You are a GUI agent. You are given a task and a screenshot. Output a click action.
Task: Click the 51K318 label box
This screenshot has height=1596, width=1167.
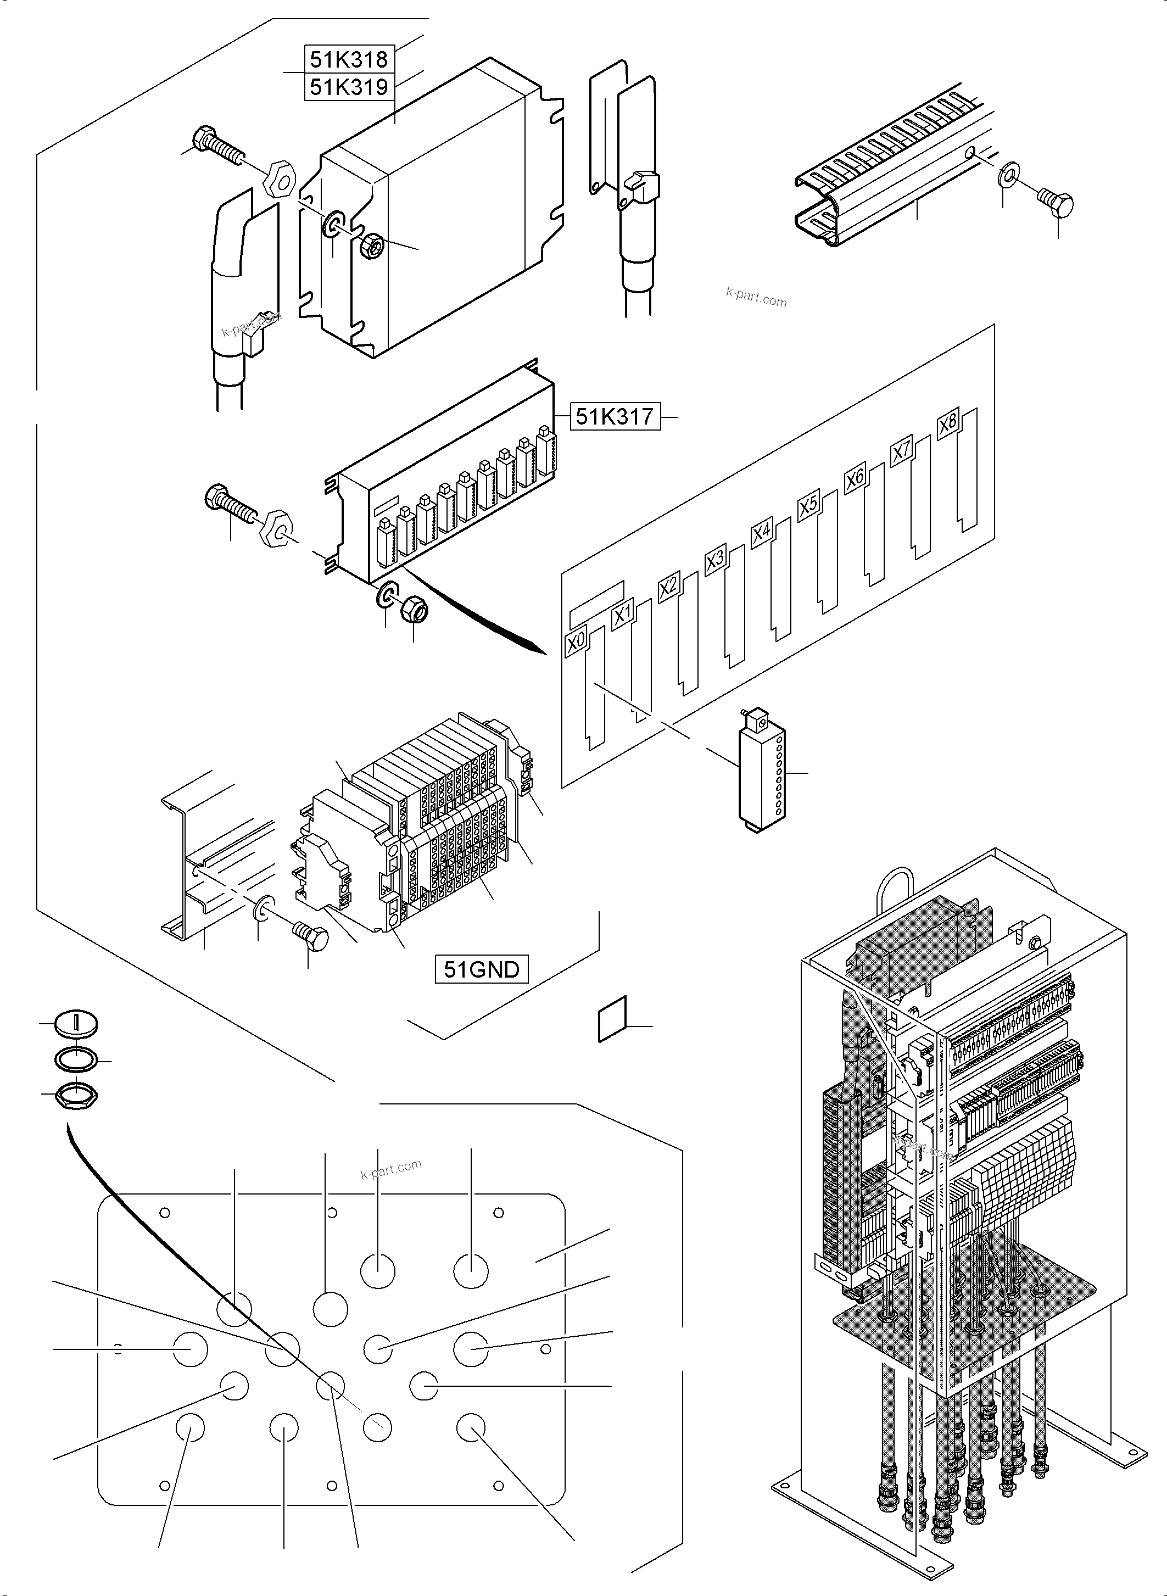pos(349,59)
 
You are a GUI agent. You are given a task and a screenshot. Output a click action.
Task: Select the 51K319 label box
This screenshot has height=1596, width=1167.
pos(349,87)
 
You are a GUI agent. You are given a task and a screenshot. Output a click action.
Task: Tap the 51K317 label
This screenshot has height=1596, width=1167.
pos(615,417)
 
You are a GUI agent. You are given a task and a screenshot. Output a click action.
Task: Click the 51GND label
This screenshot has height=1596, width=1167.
pos(481,969)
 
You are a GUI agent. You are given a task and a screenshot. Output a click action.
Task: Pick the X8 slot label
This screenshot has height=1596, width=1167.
pos(947,424)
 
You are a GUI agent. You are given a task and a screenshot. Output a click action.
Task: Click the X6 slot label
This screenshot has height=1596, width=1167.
pos(855,478)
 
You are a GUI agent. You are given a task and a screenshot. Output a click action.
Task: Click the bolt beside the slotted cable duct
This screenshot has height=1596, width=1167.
pos(1057,203)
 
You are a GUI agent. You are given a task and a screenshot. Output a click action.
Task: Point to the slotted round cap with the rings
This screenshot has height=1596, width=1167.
pos(76,1024)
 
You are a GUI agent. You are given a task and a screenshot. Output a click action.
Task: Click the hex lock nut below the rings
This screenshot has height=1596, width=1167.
pos(76,1096)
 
